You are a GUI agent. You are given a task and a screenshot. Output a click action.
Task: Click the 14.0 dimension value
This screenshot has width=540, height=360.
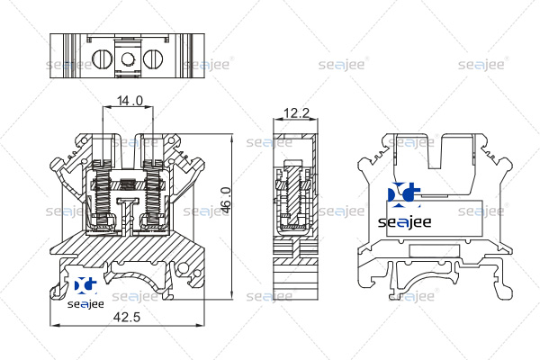pyautogui.click(x=130, y=101)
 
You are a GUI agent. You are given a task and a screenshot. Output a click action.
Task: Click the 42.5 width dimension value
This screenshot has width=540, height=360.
pyautogui.click(x=127, y=317)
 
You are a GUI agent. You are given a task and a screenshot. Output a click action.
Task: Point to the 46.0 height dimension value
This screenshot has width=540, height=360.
pyautogui.click(x=225, y=200)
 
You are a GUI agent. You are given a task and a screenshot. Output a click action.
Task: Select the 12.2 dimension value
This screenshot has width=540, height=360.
pyautogui.click(x=296, y=112)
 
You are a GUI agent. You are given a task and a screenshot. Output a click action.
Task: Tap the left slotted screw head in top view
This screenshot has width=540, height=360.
pyautogui.click(x=102, y=58)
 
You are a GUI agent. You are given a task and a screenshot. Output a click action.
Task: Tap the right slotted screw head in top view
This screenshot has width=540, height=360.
pyautogui.click(x=153, y=58)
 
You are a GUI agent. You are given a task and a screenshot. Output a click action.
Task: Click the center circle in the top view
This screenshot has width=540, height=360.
pyautogui.click(x=128, y=58)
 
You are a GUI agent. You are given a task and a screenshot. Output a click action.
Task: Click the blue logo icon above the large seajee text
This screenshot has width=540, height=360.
pyautogui.click(x=403, y=195)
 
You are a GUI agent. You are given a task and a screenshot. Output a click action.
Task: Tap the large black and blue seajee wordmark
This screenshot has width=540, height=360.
pyautogui.click(x=405, y=222)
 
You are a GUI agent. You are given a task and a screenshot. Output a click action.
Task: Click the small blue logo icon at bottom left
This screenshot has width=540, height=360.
pyautogui.click(x=85, y=285)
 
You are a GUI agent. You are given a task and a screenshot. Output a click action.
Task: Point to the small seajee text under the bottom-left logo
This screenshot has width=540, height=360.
pyautogui.click(x=85, y=304)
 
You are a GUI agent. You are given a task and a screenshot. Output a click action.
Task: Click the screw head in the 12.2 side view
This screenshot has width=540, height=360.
pyautogui.click(x=292, y=163)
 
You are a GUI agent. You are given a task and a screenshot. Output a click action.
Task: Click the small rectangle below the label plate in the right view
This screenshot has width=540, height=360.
pyautogui.click(x=435, y=251)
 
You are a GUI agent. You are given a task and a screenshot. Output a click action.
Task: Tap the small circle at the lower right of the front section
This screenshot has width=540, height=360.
pyautogui.click(x=184, y=267)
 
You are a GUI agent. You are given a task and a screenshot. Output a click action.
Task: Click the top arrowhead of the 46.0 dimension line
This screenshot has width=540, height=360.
pyautogui.click(x=232, y=138)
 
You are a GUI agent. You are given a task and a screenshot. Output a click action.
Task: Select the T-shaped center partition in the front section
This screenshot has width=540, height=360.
pyautogui.click(x=128, y=213)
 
